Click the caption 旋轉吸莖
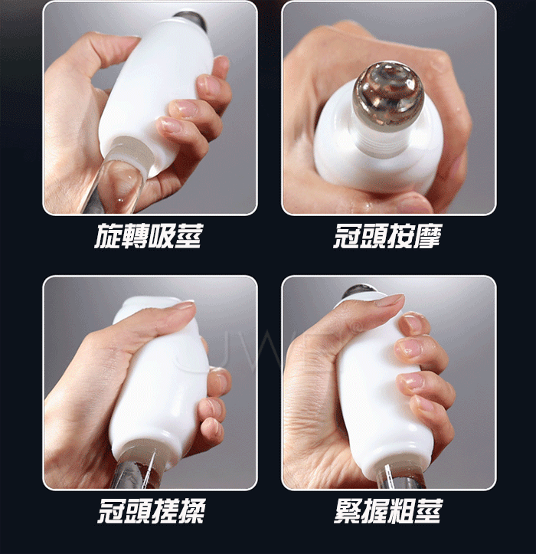(149, 236)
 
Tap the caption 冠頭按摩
(387, 236)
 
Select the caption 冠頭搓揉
(151, 510)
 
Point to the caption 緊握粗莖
(387, 510)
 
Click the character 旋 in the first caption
(108, 236)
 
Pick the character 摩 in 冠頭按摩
(429, 236)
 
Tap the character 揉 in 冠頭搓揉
(192, 510)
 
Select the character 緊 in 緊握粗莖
(347, 510)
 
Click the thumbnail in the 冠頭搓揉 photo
(184, 305)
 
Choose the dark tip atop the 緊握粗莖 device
(358, 292)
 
